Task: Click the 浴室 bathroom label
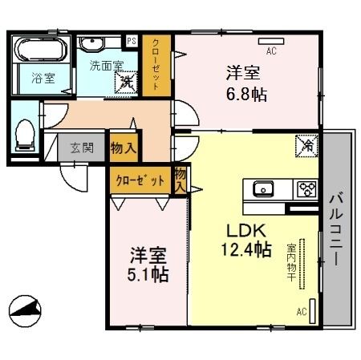[x=43, y=78]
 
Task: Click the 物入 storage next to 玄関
[x=123, y=148]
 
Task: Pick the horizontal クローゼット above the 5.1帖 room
[x=140, y=180]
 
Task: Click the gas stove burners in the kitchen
[x=305, y=190]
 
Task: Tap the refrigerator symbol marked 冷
[x=306, y=145]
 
